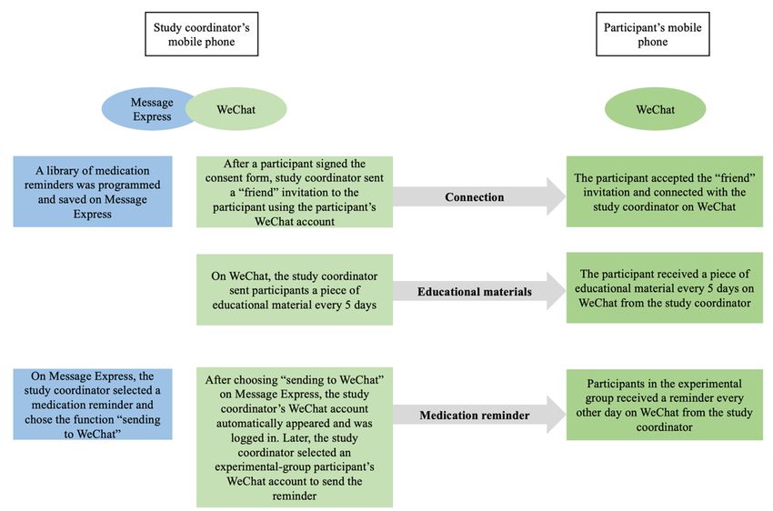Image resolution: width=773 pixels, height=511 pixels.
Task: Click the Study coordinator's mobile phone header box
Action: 201,34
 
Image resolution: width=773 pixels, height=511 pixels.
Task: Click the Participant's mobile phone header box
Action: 653,34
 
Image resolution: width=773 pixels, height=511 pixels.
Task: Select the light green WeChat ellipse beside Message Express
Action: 236,109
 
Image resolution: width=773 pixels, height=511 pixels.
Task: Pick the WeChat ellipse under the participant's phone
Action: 655,109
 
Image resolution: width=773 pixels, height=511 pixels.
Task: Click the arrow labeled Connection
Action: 479,196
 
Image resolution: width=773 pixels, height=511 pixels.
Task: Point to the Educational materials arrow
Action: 479,291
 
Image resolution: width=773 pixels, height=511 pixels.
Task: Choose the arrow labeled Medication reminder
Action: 479,415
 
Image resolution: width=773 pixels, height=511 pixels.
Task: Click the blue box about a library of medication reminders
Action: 93,192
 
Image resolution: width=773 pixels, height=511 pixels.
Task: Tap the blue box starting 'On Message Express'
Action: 93,404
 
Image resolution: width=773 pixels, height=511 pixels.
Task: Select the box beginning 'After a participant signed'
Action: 295,192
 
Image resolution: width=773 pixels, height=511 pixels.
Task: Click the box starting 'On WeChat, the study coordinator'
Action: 295,290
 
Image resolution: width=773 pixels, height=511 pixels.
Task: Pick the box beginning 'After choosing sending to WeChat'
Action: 295,437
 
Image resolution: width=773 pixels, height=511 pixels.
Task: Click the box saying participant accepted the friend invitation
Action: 665,192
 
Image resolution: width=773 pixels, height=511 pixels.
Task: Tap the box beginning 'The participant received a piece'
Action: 665,287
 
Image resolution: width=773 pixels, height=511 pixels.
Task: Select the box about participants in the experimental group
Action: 665,405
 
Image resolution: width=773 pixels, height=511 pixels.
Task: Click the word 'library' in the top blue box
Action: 64,171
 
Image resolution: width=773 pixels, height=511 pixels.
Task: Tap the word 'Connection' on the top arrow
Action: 474,197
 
